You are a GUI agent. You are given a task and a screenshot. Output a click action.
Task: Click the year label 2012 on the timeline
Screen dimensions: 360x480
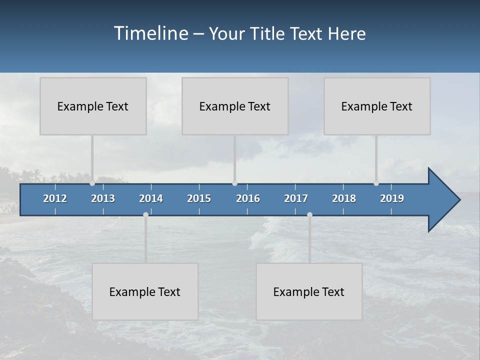point(55,198)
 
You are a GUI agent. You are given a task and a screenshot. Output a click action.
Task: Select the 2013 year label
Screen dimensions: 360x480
point(103,198)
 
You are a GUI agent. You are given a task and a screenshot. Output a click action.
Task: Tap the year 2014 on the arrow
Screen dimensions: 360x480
point(151,198)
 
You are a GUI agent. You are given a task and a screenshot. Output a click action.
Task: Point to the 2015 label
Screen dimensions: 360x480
point(199,198)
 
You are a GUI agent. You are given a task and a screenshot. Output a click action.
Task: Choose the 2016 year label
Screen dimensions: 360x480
point(248,198)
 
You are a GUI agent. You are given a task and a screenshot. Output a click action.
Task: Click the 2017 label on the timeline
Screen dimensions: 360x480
point(296,198)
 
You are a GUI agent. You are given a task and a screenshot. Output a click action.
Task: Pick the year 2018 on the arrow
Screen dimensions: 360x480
point(344,198)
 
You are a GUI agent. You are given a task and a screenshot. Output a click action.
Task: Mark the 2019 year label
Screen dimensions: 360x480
point(392,198)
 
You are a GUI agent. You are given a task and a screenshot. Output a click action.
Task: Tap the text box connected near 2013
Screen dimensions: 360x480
point(93,106)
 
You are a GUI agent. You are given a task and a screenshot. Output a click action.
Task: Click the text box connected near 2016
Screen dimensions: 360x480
point(235,106)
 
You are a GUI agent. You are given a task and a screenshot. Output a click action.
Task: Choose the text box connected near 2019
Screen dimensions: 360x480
point(377,106)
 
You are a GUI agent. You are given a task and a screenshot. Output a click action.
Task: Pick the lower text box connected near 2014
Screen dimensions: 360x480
point(145,291)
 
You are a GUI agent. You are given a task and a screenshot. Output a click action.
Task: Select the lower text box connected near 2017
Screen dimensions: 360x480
point(309,291)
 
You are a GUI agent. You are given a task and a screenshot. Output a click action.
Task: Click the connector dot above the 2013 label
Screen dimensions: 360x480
point(92,183)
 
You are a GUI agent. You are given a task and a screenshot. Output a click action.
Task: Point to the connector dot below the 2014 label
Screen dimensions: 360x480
point(145,214)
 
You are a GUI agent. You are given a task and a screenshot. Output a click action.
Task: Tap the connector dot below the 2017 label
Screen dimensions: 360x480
point(309,214)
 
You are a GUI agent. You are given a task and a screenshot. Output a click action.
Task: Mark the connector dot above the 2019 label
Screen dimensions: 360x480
point(376,183)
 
